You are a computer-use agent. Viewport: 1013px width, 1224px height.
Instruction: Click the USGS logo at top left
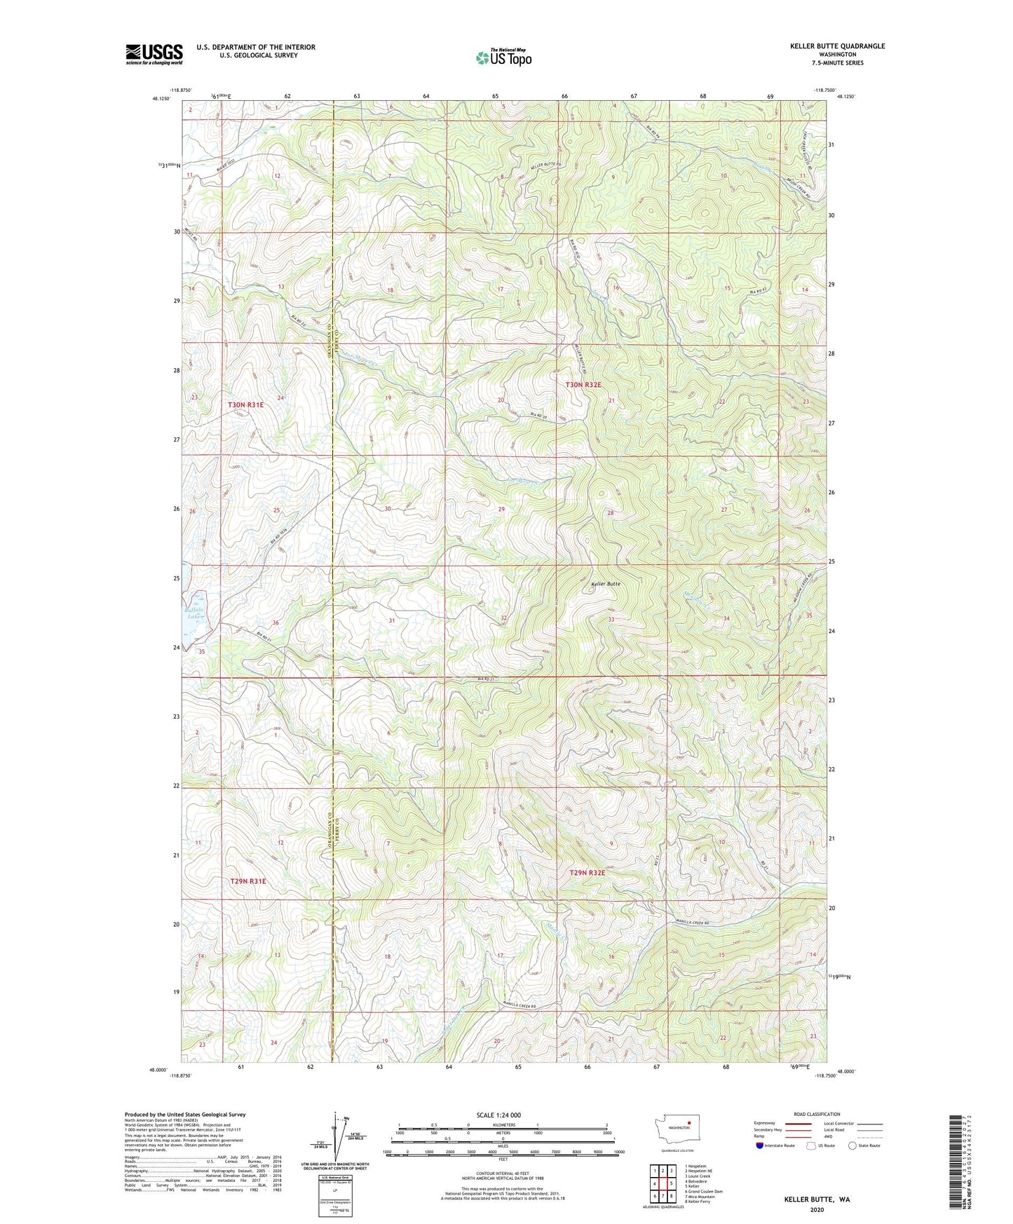(x=154, y=54)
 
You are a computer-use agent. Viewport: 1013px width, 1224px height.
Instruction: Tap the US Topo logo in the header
(x=503, y=57)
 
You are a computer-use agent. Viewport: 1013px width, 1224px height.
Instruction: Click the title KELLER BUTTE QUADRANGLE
(x=837, y=46)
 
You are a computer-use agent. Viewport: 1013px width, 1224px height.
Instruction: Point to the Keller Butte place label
(x=606, y=583)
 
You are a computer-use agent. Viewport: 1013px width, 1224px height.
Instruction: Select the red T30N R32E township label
(x=583, y=385)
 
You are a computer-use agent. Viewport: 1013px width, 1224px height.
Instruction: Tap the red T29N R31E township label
(x=248, y=880)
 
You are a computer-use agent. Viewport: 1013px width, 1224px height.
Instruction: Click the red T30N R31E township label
(x=245, y=404)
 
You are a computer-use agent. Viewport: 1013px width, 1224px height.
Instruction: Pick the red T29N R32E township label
(x=587, y=873)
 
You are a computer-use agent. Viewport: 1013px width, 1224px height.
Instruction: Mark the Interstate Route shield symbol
(x=760, y=1145)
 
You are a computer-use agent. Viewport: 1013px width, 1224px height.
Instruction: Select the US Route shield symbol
(x=812, y=1145)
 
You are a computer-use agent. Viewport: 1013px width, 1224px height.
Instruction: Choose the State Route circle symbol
(x=852, y=1145)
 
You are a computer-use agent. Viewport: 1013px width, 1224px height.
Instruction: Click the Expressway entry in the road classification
(x=765, y=1123)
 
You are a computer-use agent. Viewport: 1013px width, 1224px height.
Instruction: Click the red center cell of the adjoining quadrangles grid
(x=662, y=1183)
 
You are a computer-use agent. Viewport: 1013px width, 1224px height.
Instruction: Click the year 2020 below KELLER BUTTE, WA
(x=817, y=1209)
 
